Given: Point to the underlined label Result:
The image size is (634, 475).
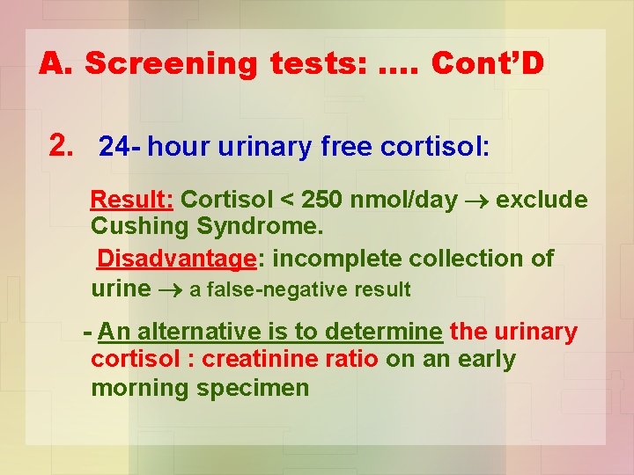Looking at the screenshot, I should [132, 200].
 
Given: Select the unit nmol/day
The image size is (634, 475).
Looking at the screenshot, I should [403, 200].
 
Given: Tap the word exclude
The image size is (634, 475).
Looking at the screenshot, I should [542, 200].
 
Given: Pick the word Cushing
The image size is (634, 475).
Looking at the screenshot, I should [141, 227].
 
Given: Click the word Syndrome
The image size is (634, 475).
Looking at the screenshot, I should [261, 227].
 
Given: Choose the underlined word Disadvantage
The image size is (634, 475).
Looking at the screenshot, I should [176, 259].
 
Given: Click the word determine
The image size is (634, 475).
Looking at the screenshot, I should [383, 332].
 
